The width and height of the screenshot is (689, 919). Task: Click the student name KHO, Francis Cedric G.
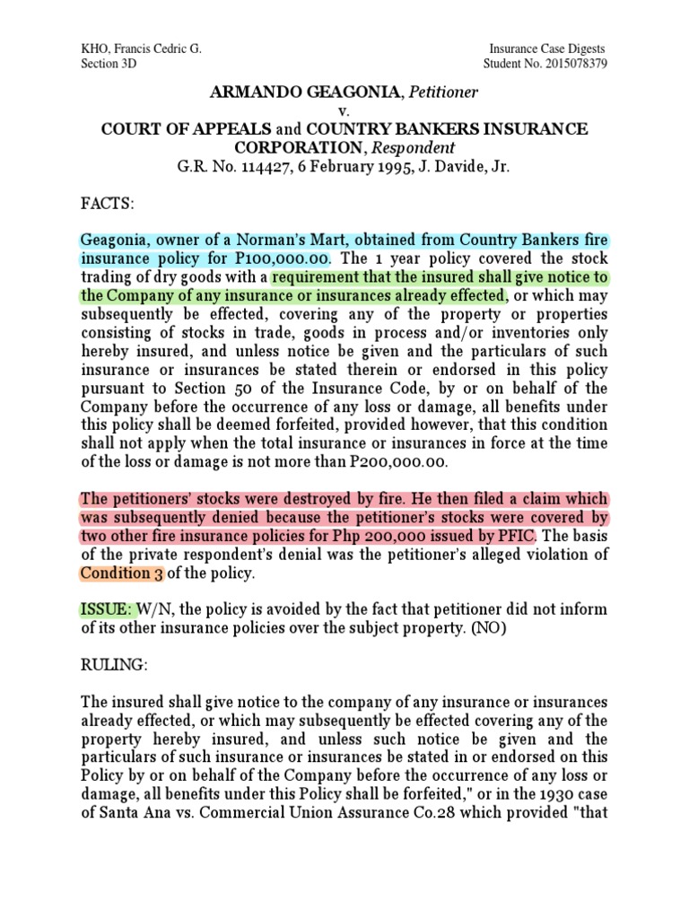(141, 49)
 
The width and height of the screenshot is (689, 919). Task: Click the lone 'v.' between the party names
(344, 110)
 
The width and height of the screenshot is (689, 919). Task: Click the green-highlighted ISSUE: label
(106, 610)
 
